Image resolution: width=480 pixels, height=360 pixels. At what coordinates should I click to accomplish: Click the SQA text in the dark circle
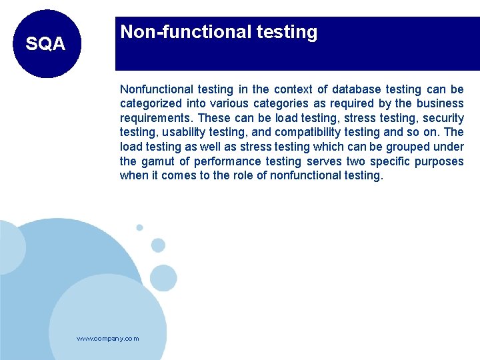[x=45, y=44]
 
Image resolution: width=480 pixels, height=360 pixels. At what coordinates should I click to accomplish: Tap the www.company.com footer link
[x=108, y=339]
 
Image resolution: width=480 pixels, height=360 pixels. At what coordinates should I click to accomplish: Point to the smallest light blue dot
[x=139, y=227]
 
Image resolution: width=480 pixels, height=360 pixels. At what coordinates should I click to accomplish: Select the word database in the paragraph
[x=357, y=89]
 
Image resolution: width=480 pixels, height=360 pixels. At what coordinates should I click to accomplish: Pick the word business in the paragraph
[x=439, y=103]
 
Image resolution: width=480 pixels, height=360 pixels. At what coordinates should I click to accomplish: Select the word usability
[x=183, y=133]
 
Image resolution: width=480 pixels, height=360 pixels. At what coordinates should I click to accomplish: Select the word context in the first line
[x=293, y=89]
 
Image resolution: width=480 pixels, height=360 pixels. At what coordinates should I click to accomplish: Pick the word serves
[x=324, y=161]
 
